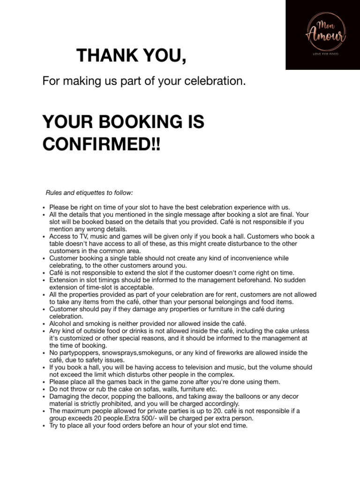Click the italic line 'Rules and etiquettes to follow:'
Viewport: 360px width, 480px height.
click(89, 193)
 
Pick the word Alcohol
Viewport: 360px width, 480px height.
click(61, 323)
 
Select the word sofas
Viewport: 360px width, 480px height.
click(144, 389)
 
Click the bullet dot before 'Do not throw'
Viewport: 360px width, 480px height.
click(44, 390)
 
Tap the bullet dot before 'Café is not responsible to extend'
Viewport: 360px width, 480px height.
click(44, 273)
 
